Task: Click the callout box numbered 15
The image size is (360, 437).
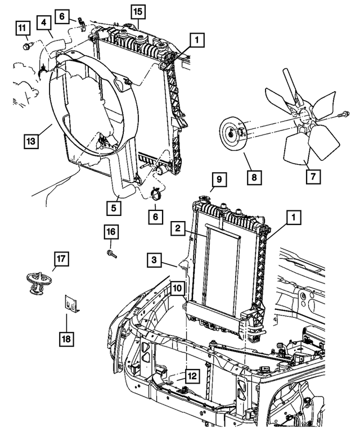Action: pos(137,11)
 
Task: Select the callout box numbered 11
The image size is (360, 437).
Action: pos(22,27)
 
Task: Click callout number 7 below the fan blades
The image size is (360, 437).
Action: pos(312,177)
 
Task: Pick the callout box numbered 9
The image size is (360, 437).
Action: pos(218,181)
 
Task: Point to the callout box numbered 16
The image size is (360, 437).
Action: pos(111,232)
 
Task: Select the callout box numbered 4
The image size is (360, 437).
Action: pos(46,23)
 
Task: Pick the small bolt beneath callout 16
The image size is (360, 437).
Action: pos(111,254)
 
